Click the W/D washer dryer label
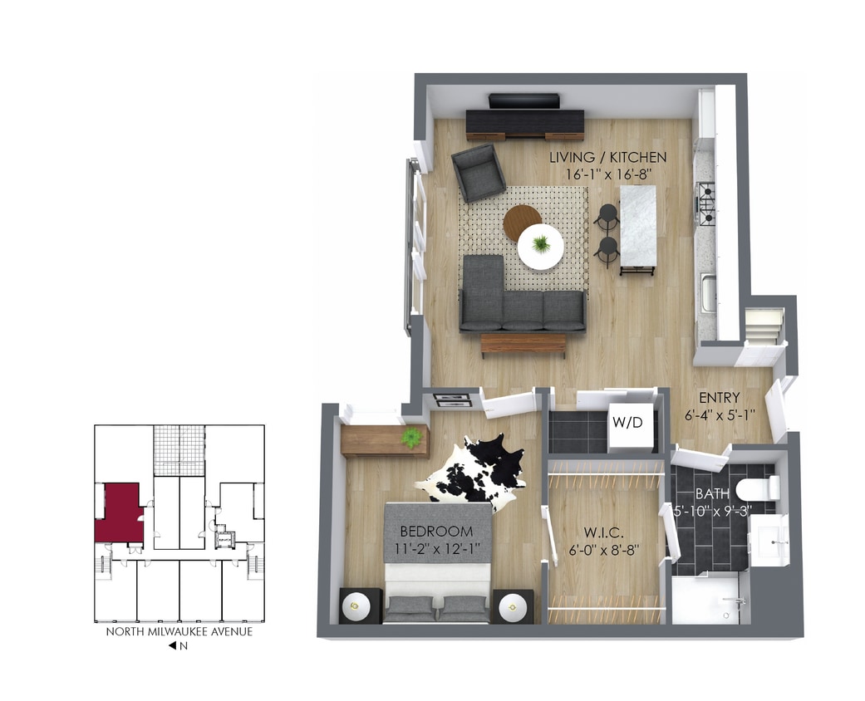pyautogui.click(x=628, y=422)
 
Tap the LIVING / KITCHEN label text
pyautogui.click(x=609, y=157)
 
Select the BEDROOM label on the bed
pyautogui.click(x=436, y=532)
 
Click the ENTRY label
pyautogui.click(x=720, y=398)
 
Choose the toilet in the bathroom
pyautogui.click(x=758, y=488)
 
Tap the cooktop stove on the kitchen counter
pyautogui.click(x=705, y=203)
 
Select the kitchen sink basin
pyautogui.click(x=708, y=294)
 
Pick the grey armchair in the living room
pyautogui.click(x=479, y=172)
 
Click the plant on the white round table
pyautogui.click(x=541, y=244)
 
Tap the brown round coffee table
pyautogui.click(x=521, y=221)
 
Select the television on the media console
pyautogui.click(x=523, y=101)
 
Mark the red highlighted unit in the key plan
pyautogui.click(x=120, y=513)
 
